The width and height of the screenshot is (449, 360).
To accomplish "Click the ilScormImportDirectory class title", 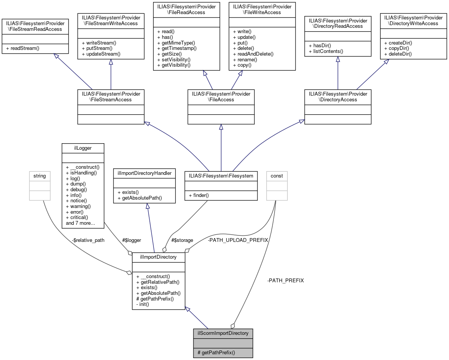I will [x=223, y=333].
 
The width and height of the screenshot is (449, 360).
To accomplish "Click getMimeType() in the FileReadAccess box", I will [x=176, y=43].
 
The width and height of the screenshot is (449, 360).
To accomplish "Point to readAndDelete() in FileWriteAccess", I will [x=253, y=54].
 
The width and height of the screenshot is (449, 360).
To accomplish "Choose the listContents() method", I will [x=326, y=51].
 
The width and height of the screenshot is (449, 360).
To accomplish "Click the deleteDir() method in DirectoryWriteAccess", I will [x=398, y=54].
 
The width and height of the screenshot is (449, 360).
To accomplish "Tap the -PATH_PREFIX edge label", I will [x=286, y=280].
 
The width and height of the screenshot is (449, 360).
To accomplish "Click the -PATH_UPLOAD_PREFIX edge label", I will [x=238, y=240].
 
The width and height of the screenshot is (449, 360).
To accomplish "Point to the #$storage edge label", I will [x=182, y=240].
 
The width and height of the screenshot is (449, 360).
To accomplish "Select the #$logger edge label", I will [x=131, y=240].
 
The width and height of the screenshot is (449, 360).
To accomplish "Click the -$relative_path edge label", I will [x=88, y=240].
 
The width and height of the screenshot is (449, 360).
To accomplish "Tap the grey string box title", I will [x=40, y=176].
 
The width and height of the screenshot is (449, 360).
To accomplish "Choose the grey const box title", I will [x=276, y=176].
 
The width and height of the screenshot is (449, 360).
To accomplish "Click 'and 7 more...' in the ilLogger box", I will [x=80, y=223].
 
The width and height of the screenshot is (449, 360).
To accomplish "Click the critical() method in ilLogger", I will [x=77, y=217].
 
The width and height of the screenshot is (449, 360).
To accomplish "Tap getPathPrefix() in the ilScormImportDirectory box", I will [x=216, y=353].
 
